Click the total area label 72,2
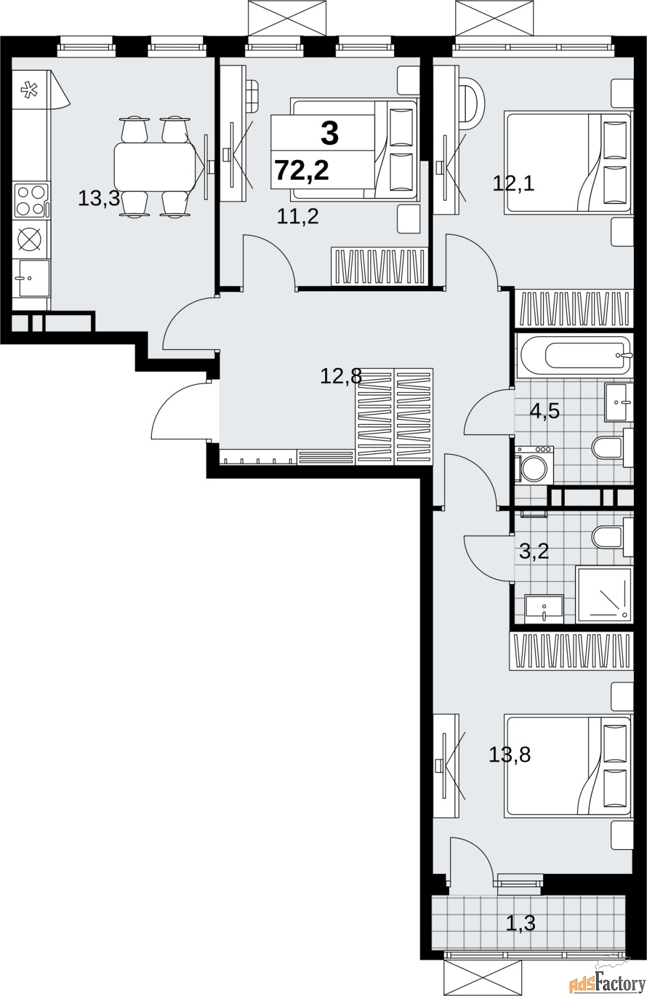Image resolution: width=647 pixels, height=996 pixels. click(x=302, y=171)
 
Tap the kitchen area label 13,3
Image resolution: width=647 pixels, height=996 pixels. click(x=99, y=198)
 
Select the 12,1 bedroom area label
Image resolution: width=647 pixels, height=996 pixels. click(x=514, y=183)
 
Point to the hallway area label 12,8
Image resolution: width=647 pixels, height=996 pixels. click(x=341, y=377)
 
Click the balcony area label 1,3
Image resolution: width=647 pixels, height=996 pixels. click(x=521, y=923)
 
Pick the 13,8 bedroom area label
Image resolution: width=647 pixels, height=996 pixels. click(x=509, y=754)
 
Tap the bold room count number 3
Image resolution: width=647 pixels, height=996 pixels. click(x=329, y=133)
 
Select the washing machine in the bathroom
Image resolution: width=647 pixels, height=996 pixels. click(x=534, y=465)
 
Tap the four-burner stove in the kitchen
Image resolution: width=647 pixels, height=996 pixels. click(x=31, y=200)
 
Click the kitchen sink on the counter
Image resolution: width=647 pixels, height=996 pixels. click(x=34, y=278)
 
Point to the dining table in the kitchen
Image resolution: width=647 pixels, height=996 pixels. click(x=155, y=166)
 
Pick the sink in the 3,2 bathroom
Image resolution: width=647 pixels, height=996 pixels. click(x=544, y=609)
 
